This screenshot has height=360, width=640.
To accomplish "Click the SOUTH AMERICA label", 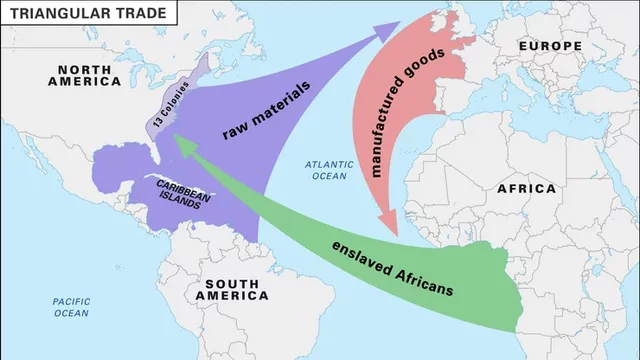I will (232, 289).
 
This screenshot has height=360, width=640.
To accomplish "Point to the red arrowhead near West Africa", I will (389, 222).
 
